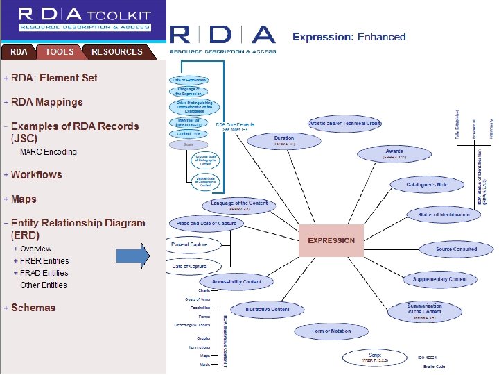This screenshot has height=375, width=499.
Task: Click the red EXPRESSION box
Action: point(331,240)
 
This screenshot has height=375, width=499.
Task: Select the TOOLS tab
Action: point(60,51)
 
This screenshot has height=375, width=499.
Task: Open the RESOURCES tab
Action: point(116,51)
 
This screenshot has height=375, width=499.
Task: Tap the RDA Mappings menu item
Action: point(46,102)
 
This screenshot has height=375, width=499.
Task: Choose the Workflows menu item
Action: point(36,175)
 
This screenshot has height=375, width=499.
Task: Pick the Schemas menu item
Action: point(33,308)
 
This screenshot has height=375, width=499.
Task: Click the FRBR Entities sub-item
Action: point(44,261)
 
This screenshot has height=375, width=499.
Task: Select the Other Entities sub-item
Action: point(44,285)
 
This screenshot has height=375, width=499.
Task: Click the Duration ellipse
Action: point(283,140)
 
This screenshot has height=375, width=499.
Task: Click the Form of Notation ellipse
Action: point(331,331)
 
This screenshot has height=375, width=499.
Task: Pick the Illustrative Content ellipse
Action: point(267,310)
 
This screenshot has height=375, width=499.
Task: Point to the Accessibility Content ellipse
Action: point(236,282)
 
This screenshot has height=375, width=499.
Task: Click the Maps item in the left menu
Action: point(24,199)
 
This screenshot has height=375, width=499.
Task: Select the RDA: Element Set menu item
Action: point(54,78)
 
